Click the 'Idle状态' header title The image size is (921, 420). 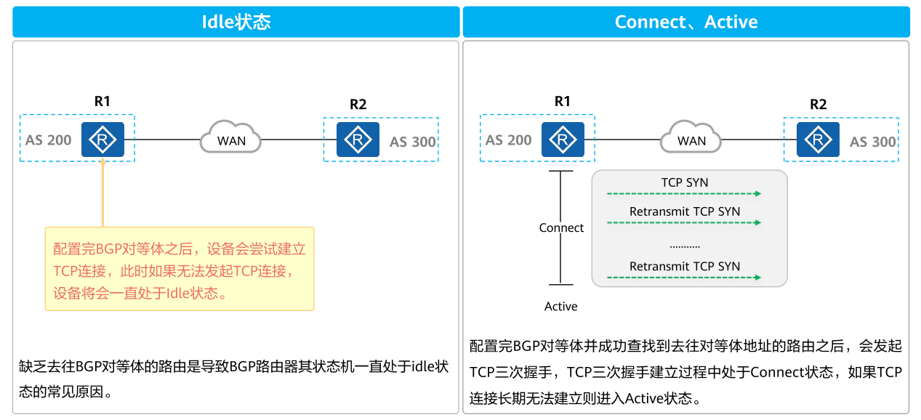pyautogui.click(x=236, y=22)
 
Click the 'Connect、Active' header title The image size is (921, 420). pyautogui.click(x=685, y=22)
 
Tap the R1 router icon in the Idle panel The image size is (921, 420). pyautogui.click(x=102, y=139)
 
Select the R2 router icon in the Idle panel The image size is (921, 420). pyautogui.click(x=358, y=140)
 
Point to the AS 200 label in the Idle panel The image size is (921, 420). pyautogui.click(x=48, y=140)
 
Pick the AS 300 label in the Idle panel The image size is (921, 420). pyautogui.click(x=412, y=142)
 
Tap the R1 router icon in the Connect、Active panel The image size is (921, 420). pyautogui.click(x=563, y=139)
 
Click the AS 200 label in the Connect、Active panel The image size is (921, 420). pyautogui.click(x=508, y=140)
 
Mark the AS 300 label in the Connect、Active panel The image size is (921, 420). pyautogui.click(x=872, y=142)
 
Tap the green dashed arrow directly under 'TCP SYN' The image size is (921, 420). pyautogui.click(x=684, y=194)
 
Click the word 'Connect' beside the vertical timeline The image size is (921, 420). pyautogui.click(x=560, y=228)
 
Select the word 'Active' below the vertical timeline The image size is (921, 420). pyautogui.click(x=560, y=307)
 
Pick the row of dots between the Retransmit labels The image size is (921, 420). pyautogui.click(x=684, y=247)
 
